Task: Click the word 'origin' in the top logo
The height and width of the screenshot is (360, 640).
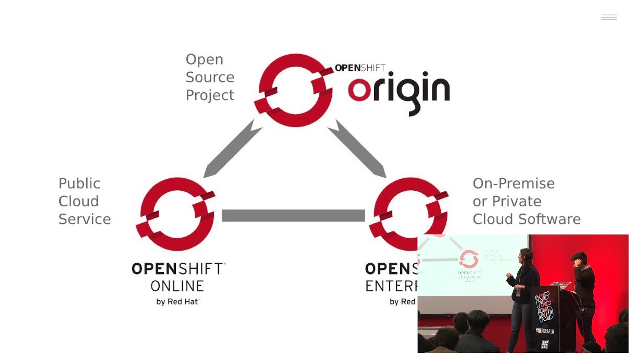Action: [399, 92]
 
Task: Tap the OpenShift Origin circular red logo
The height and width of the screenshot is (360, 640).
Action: [294, 90]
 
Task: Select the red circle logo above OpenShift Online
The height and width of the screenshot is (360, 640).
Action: [175, 214]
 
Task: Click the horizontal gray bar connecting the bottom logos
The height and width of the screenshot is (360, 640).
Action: [293, 215]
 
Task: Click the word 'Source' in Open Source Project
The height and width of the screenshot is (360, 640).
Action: [210, 77]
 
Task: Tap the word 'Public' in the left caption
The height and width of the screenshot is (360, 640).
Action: [79, 183]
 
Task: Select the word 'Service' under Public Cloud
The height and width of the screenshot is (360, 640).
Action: [84, 219]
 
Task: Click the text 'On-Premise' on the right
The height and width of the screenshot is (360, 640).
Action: [513, 183]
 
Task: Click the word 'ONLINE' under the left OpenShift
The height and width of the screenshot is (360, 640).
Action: [177, 286]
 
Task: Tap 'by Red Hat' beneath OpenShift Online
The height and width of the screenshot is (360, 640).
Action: [178, 301]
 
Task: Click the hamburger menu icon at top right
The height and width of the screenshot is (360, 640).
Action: [609, 18]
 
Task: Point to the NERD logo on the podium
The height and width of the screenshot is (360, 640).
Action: [545, 308]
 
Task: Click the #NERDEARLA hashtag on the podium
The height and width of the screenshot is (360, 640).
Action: [545, 331]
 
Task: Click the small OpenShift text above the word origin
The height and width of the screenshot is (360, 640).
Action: [360, 68]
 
